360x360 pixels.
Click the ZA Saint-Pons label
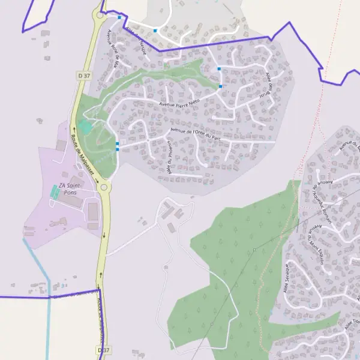tap(71, 190)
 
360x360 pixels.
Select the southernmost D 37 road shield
tap(104, 349)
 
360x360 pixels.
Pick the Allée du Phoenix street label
tap(170, 158)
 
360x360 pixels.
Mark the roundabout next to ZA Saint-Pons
tap(104, 188)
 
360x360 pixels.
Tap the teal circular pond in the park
tap(85, 127)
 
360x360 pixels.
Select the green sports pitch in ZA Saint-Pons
tap(55, 193)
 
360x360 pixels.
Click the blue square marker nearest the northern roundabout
tap(119, 17)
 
